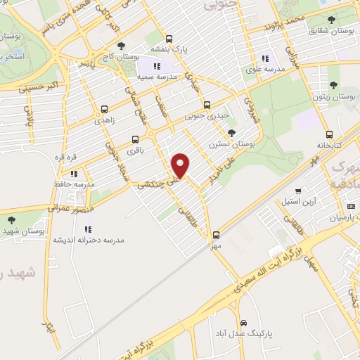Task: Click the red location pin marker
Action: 181,165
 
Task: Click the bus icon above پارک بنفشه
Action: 168,39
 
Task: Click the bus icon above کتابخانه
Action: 329,134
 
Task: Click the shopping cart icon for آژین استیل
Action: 298,191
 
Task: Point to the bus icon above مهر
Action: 215,236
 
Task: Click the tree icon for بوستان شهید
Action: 11,219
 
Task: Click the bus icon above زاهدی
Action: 104,110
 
